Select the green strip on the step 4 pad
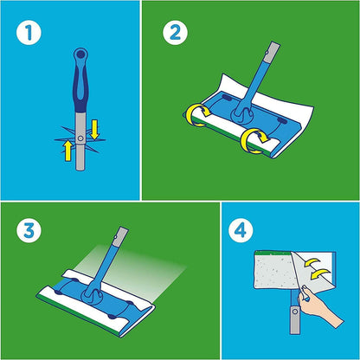click(270, 257)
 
